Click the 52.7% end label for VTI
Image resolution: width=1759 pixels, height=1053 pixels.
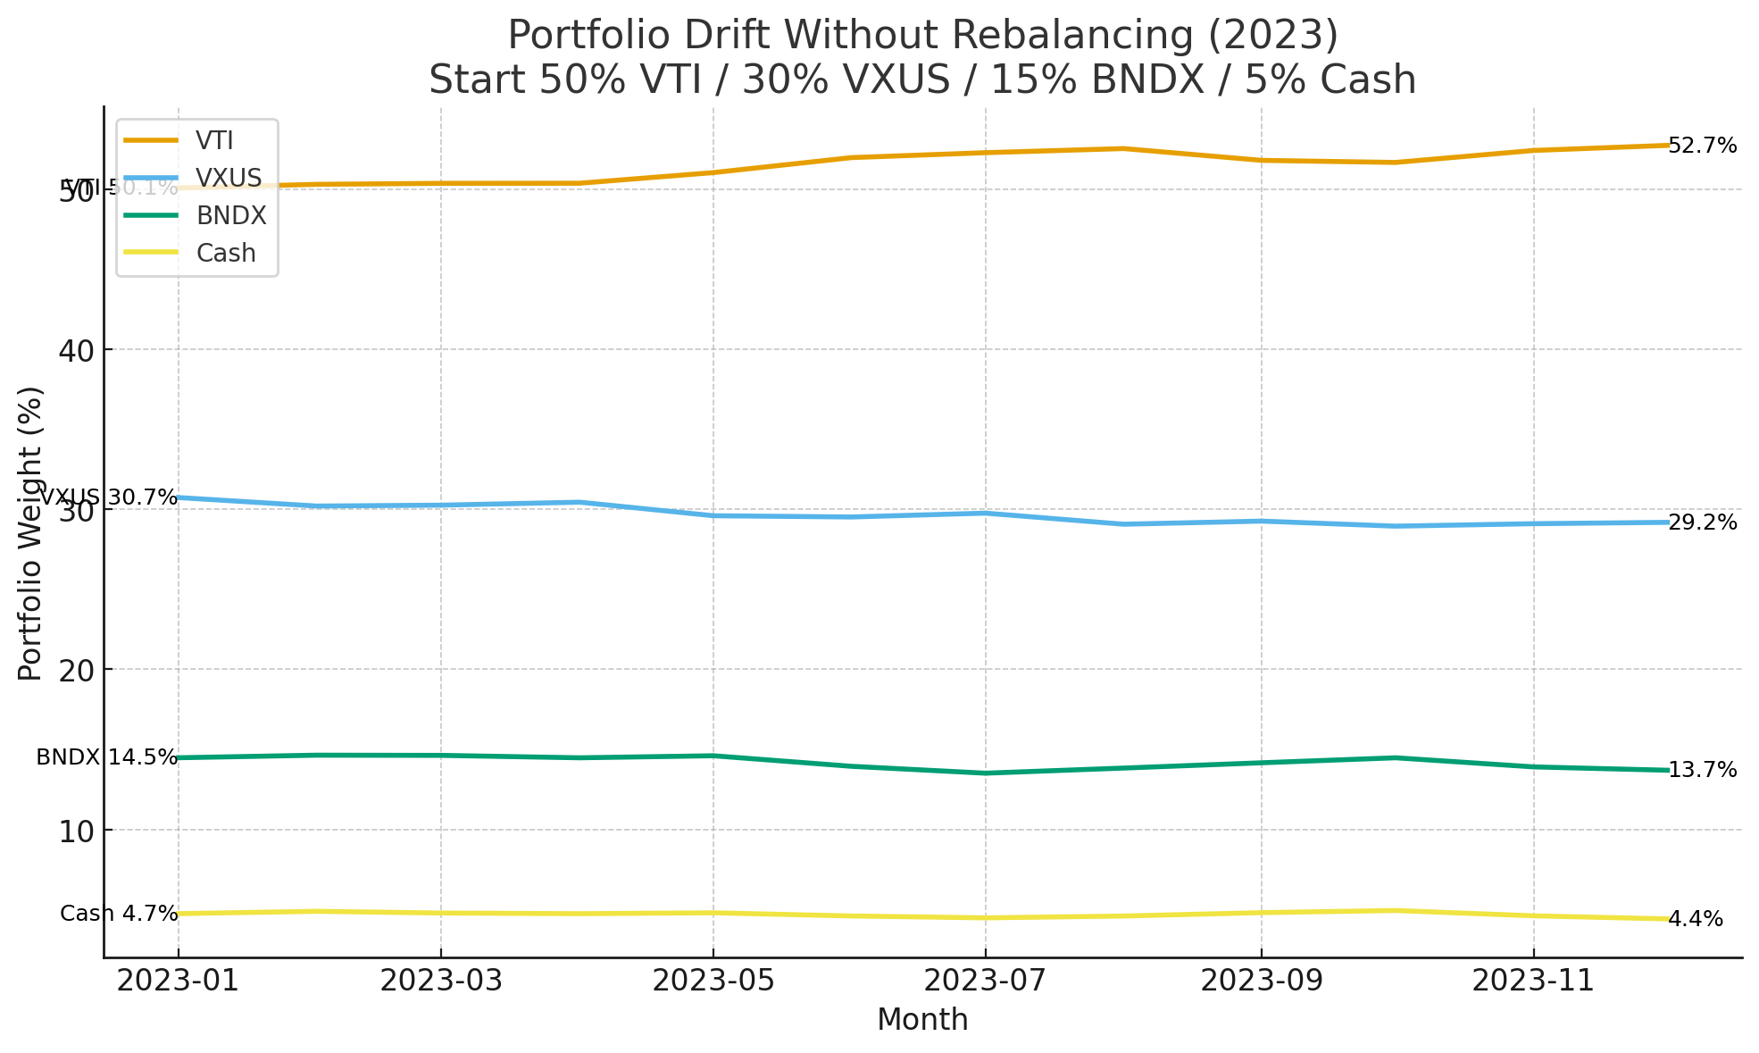click(1703, 146)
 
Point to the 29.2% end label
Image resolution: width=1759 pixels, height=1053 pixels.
click(1703, 522)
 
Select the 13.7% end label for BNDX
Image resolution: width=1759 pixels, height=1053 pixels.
click(1703, 770)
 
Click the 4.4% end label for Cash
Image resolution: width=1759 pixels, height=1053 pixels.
click(1696, 919)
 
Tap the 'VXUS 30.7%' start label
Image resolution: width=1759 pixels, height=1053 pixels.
click(108, 497)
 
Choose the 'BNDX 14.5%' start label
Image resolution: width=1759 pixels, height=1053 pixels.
click(107, 757)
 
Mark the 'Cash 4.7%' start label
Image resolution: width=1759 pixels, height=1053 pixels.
click(119, 914)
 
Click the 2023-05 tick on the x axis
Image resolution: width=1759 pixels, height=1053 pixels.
click(713, 981)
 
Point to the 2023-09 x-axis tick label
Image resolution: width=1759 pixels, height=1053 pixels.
click(1261, 981)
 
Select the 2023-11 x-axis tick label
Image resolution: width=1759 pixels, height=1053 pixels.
click(1533, 981)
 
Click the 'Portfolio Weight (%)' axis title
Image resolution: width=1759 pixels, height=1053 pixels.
click(30, 533)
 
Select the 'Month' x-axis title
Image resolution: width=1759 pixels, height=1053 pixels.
click(922, 1019)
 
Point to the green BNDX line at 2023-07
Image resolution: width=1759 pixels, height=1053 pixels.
click(985, 773)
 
